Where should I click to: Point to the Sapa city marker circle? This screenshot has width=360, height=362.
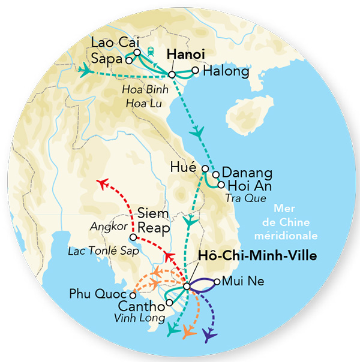coord(128,60)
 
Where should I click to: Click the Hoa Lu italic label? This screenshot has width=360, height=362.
coord(140,104)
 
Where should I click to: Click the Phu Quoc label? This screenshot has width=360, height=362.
coord(97,295)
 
